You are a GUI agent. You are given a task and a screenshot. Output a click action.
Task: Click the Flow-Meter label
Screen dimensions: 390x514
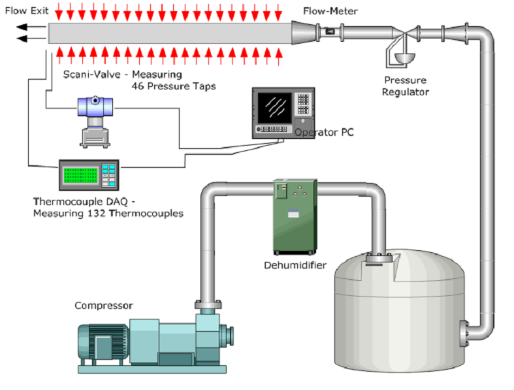(x=330, y=11)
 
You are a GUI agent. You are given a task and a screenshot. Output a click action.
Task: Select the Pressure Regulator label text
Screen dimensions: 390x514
(x=405, y=86)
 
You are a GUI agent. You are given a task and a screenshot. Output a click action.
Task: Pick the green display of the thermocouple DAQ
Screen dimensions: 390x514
(x=79, y=175)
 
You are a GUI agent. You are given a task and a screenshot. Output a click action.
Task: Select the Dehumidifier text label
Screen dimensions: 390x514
(x=295, y=265)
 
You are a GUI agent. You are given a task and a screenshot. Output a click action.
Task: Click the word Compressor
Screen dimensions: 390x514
(x=104, y=305)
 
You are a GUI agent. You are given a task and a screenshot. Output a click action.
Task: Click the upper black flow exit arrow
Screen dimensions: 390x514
(x=30, y=27)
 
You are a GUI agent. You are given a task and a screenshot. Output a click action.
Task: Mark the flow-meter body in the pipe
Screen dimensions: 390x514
(x=329, y=31)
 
